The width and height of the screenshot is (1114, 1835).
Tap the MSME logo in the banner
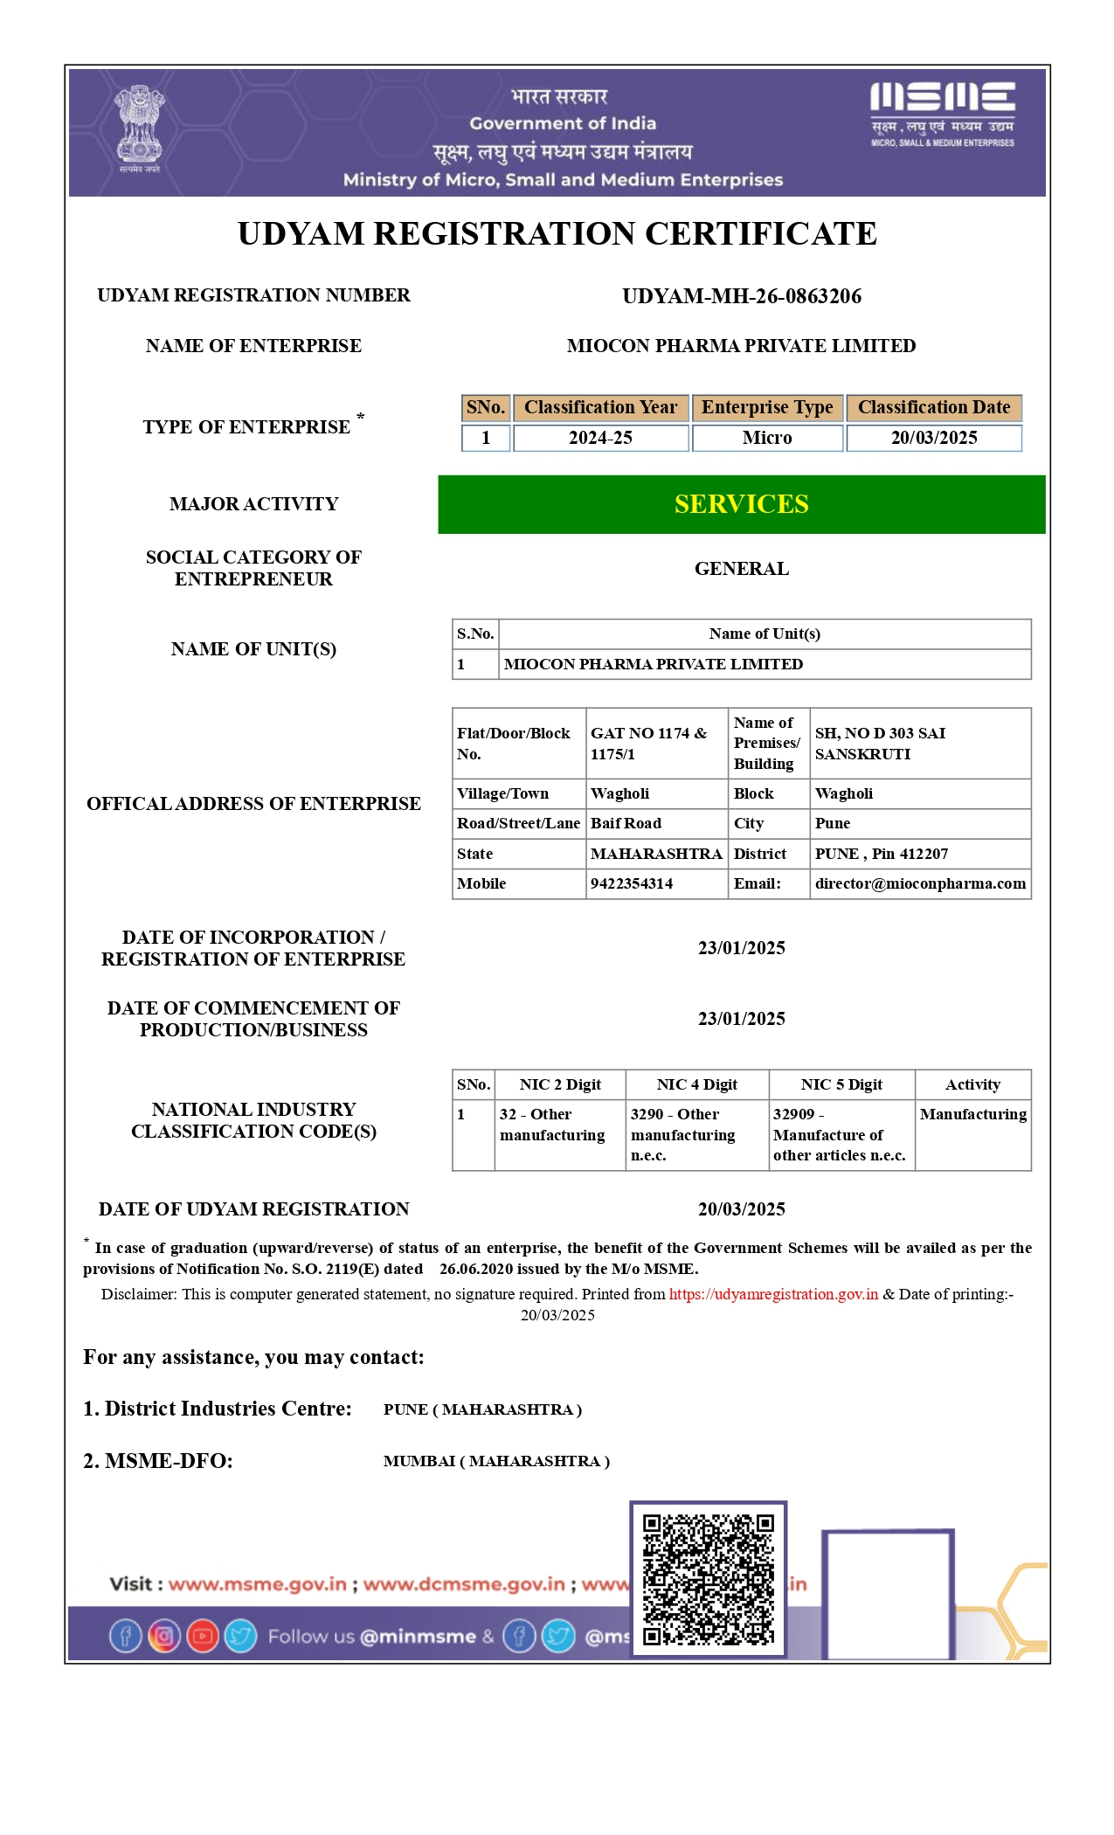point(942,113)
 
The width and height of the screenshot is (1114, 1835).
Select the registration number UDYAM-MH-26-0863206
point(741,296)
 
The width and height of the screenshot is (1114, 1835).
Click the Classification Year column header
point(600,407)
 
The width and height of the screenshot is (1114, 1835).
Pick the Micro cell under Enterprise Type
point(767,438)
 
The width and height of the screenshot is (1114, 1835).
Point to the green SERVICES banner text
point(741,504)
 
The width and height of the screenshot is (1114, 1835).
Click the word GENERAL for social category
point(741,569)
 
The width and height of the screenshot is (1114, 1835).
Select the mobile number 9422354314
point(632,883)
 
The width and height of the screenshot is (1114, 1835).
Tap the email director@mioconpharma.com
point(920,883)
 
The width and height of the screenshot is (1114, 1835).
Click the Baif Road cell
point(626,823)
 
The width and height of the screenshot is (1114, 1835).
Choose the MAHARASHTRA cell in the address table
point(656,854)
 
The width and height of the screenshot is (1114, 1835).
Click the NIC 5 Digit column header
point(841,1084)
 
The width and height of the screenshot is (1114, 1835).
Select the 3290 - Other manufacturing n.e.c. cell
point(683,1134)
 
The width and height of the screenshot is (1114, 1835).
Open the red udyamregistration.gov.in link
point(773,1294)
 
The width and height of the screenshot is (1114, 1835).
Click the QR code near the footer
point(708,1579)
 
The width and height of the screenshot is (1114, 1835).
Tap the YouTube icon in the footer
point(203,1636)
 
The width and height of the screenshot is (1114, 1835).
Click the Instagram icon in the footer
point(164,1636)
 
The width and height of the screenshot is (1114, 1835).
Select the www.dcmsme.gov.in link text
point(464,1584)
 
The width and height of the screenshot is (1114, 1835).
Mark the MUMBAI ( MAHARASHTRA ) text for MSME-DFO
point(496,1461)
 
